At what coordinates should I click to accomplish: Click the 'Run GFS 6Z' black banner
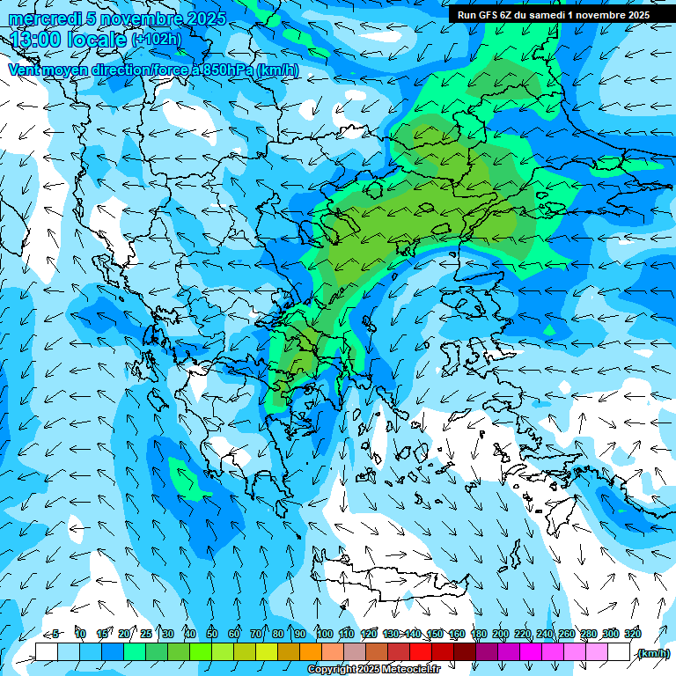[x=554, y=14]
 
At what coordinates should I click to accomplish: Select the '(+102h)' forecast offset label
[x=156, y=40]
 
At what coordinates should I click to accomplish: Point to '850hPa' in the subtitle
[x=223, y=70]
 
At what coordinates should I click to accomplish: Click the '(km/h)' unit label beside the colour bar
[x=652, y=652]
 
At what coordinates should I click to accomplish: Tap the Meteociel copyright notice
[x=373, y=670]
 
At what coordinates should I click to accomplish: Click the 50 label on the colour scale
[x=212, y=634]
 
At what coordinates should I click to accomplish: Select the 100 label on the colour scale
[x=325, y=634]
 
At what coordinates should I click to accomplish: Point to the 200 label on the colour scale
[x=501, y=634]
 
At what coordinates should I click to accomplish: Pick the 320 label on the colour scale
[x=633, y=634]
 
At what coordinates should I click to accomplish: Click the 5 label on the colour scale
[x=55, y=634]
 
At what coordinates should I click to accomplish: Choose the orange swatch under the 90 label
[x=311, y=652]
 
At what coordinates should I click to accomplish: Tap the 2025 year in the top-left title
[x=206, y=18]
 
